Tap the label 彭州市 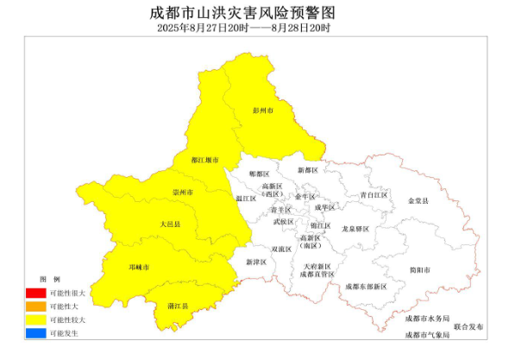coord(262,111)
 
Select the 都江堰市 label coord(205,161)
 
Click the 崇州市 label coord(182,192)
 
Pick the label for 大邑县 coord(170,224)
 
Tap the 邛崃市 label coord(139,268)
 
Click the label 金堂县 coord(418,201)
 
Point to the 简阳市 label coord(420,269)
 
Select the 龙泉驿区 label coord(355,229)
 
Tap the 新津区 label coord(256,262)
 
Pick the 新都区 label coord(308,171)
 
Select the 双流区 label coord(281,249)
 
